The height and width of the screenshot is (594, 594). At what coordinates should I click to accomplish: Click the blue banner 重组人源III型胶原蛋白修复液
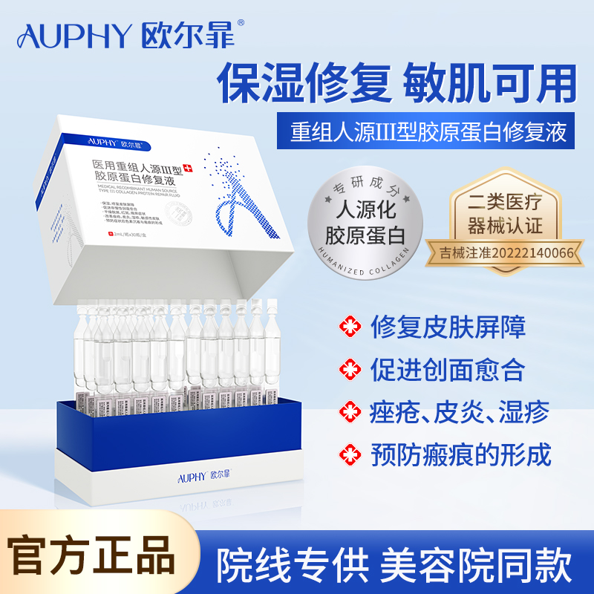pyautogui.click(x=429, y=131)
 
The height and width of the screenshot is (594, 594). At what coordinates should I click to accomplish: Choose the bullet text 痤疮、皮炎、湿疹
pyautogui.click(x=458, y=411)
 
